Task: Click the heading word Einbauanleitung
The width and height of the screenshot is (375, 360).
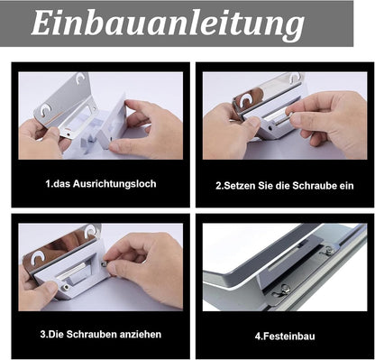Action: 168,23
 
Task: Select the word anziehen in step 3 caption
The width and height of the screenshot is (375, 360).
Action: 141,335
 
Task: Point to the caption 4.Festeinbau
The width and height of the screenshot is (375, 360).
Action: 285,336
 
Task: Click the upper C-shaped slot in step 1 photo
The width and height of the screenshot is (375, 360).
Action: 80,78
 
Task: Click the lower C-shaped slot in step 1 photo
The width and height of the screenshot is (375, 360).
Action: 46,109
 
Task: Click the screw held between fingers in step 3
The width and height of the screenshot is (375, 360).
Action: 105,263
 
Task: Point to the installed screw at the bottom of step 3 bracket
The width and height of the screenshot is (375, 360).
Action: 66,287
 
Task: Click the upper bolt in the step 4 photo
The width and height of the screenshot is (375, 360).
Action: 328,249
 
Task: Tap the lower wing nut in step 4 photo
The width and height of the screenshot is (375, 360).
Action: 283,290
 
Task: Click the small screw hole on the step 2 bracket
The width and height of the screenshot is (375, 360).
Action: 272,127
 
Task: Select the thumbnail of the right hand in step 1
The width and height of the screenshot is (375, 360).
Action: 115,147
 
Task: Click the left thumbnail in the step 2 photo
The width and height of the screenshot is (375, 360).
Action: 253,123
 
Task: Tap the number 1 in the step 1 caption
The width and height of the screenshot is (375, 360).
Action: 48,184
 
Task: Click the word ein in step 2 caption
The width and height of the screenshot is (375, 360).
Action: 347,186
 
